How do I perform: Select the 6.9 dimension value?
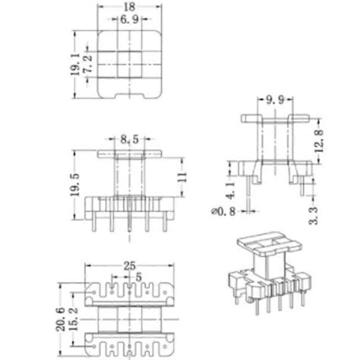tap(129, 20)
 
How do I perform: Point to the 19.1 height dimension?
tap(75, 65)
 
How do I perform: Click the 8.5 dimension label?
tap(129, 140)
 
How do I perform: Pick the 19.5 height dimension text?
tap(75, 185)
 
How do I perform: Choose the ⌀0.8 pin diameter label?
tap(223, 212)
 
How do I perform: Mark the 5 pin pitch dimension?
tap(138, 278)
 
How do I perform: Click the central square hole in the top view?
tap(129, 65)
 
